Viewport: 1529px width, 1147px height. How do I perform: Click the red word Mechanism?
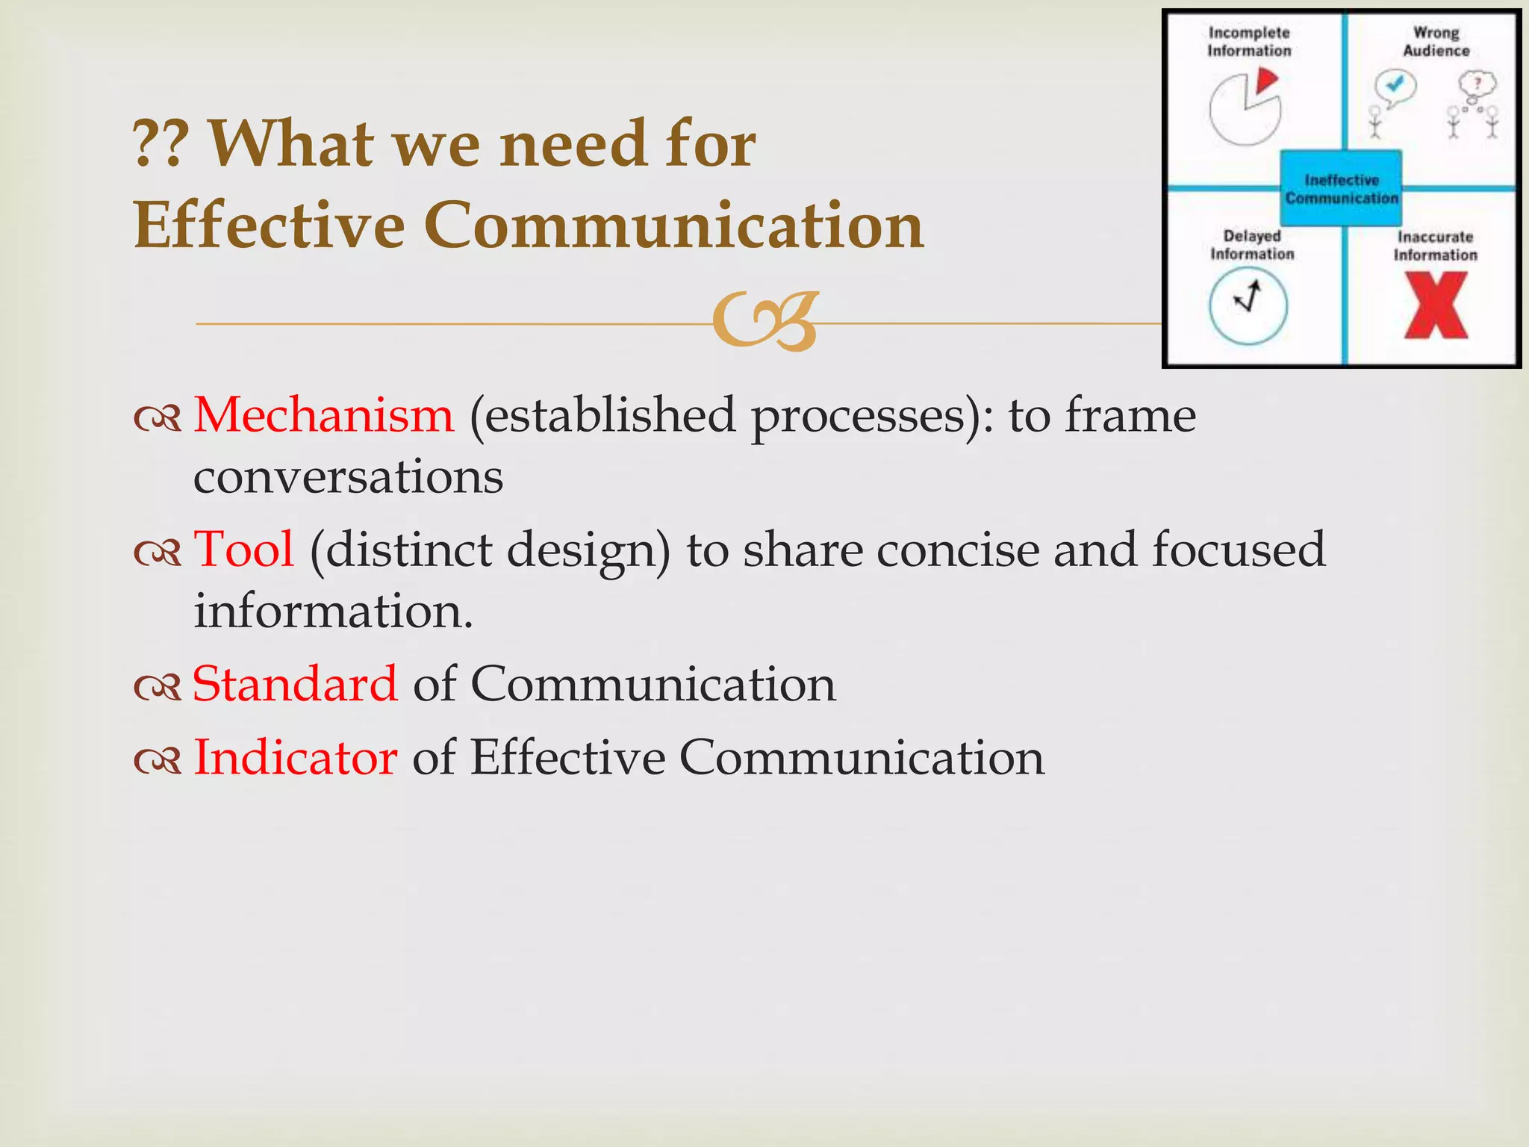(x=323, y=415)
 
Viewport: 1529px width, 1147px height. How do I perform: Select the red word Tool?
(x=243, y=550)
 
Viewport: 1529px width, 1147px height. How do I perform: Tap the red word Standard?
(x=295, y=684)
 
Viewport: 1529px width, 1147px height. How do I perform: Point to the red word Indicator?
(x=295, y=758)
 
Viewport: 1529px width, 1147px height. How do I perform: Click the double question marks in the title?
(x=161, y=144)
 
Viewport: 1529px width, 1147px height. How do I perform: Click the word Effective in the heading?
(x=269, y=226)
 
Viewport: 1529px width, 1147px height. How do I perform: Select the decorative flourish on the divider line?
(x=765, y=322)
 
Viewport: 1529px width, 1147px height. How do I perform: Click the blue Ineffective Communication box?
(x=1341, y=189)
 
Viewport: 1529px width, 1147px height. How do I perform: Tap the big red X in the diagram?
(x=1436, y=305)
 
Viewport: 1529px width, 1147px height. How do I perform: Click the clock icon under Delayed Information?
(x=1248, y=305)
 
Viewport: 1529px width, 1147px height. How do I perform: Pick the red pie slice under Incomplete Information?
(x=1266, y=81)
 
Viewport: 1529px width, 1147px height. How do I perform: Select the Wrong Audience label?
(x=1436, y=42)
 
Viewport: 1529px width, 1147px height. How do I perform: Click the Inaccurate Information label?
(x=1435, y=246)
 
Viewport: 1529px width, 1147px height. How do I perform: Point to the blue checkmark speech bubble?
(x=1395, y=87)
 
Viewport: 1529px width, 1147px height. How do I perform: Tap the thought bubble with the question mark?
(x=1477, y=85)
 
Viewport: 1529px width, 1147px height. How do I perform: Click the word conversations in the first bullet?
(x=348, y=477)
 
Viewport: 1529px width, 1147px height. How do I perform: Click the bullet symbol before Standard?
(x=158, y=687)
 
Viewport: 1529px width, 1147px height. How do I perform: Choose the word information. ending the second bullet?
(x=333, y=612)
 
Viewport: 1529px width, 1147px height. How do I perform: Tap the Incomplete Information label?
(x=1249, y=42)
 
